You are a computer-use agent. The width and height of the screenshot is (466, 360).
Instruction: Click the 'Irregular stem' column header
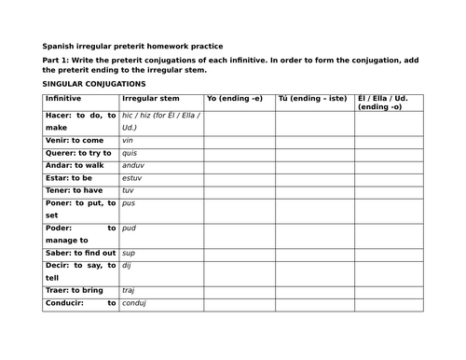pyautogui.click(x=150, y=98)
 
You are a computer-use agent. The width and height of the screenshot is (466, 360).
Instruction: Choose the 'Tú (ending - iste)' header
pyautogui.click(x=311, y=98)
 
